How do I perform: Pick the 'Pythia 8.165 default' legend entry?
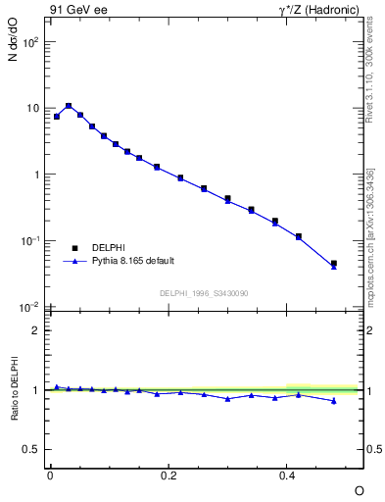tap(132, 261)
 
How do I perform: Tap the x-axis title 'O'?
tap(359, 489)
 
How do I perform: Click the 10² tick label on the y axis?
tap(30, 42)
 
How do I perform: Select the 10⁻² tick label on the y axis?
tap(30, 308)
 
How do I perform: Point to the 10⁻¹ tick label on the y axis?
tap(30, 241)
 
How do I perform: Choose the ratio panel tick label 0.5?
tap(32, 449)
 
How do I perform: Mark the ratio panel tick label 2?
tap(36, 330)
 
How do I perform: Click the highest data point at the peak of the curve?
tap(69, 106)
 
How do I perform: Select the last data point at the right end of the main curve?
tap(334, 264)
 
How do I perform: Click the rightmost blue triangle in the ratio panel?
tap(334, 400)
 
